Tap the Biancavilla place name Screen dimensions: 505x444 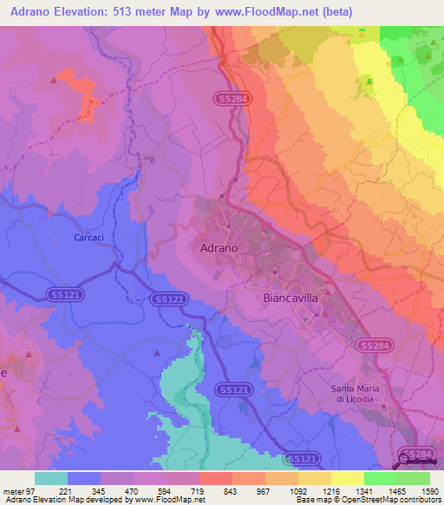291,297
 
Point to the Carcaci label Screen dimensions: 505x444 90,237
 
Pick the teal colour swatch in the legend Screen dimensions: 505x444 51,478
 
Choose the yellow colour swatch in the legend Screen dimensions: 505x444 347,478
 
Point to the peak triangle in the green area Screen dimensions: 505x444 370,82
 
